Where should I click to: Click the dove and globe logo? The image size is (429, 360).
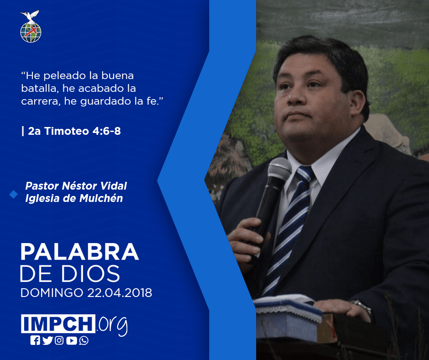pyautogui.click(x=31, y=26)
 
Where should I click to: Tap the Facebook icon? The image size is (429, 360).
pyautogui.click(x=35, y=340)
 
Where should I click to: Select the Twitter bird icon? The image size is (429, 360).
pyautogui.click(x=47, y=340)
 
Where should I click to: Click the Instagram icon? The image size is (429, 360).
pyautogui.click(x=59, y=340)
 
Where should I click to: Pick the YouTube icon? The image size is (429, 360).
pyautogui.click(x=71, y=340)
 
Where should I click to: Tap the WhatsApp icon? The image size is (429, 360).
pyautogui.click(x=84, y=340)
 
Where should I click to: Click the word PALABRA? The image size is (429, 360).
pyautogui.click(x=79, y=252)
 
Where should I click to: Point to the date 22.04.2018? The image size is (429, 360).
pyautogui.click(x=120, y=293)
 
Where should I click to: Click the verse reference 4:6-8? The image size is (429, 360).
pyautogui.click(x=106, y=131)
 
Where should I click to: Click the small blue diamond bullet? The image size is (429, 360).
pyautogui.click(x=13, y=194)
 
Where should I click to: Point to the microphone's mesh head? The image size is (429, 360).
pyautogui.click(x=279, y=169)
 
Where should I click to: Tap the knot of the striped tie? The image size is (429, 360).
pyautogui.click(x=304, y=174)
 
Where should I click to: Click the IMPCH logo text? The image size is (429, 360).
pyautogui.click(x=58, y=323)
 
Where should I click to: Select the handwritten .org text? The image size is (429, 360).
pyautogui.click(x=112, y=325)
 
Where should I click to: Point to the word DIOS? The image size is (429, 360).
pyautogui.click(x=90, y=273)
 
